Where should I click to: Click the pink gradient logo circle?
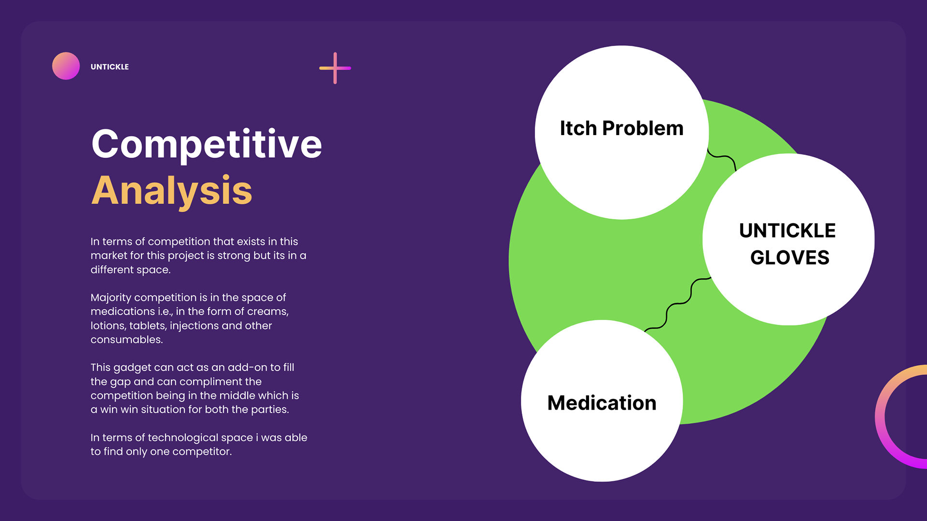(x=66, y=66)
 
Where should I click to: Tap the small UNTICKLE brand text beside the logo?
(x=110, y=67)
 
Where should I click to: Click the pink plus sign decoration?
(x=335, y=68)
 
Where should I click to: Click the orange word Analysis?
(x=172, y=191)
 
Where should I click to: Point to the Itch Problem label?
(x=621, y=128)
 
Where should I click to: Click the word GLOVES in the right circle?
(x=789, y=258)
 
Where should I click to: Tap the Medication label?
(x=602, y=403)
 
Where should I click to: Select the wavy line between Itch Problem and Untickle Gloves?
(x=723, y=158)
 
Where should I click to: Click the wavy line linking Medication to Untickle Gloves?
(x=678, y=304)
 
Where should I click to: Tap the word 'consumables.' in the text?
(x=126, y=340)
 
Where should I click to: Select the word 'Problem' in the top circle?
(x=643, y=128)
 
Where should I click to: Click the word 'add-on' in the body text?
(x=247, y=368)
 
